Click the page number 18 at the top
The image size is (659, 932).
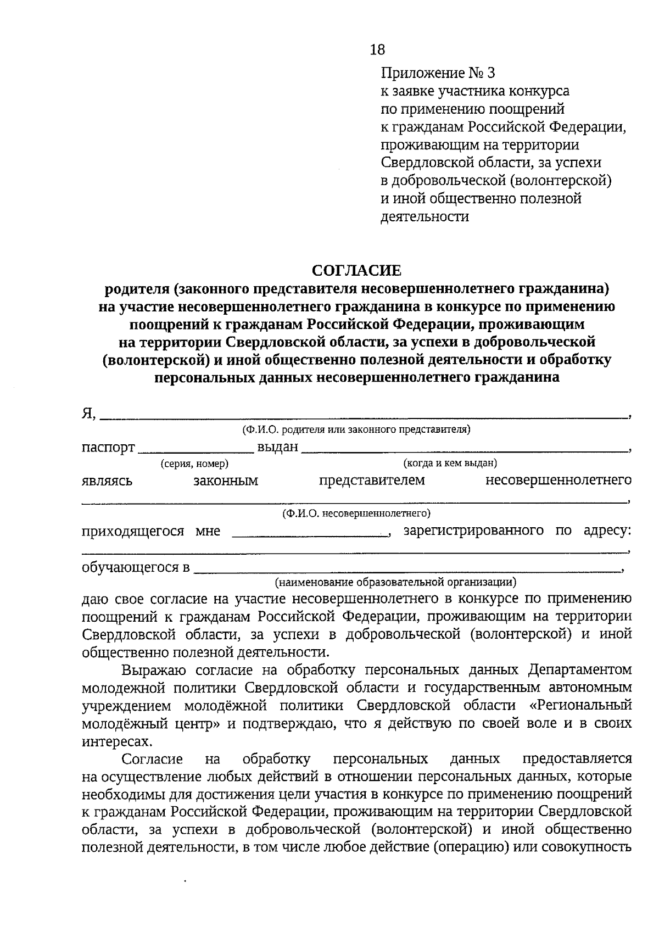378,50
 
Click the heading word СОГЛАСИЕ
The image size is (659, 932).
356,270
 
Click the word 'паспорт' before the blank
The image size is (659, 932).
108,448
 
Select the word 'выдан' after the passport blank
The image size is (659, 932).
277,447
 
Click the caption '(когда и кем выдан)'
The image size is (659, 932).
450,463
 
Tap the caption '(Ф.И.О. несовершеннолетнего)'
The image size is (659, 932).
356,514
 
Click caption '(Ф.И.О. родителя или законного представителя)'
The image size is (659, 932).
356,429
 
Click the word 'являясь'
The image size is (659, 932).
107,482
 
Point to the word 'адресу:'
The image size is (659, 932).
607,531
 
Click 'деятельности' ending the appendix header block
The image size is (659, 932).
425,216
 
